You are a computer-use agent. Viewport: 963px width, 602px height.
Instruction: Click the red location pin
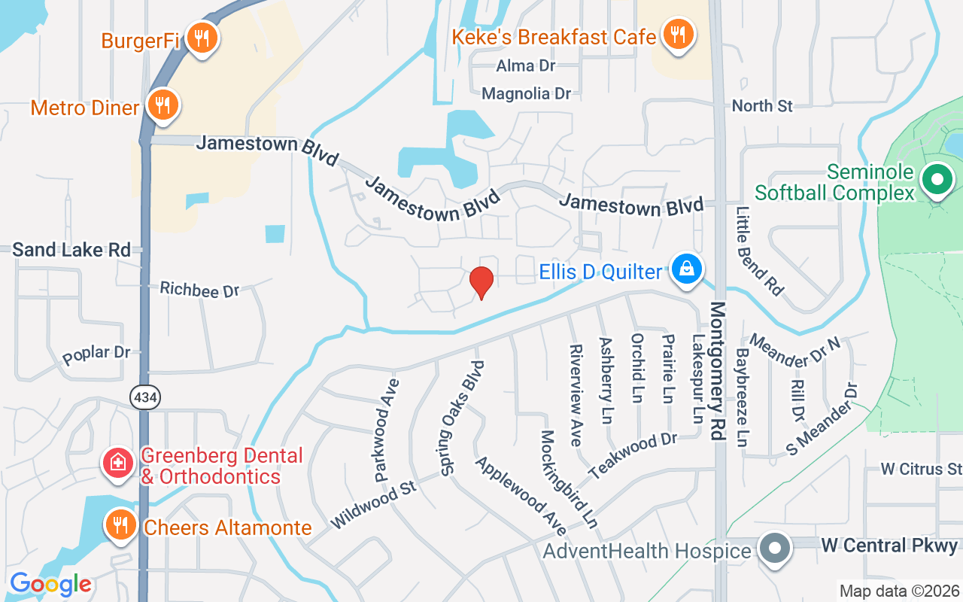pos(481,282)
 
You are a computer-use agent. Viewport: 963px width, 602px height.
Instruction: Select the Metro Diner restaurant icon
pos(162,105)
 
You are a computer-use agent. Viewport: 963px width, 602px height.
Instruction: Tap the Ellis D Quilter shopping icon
pos(687,269)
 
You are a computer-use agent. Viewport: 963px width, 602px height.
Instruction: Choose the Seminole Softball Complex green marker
pos(937,181)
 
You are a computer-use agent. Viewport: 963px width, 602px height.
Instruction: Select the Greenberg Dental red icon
pos(117,462)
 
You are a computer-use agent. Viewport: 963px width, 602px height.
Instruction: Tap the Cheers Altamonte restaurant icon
pos(120,524)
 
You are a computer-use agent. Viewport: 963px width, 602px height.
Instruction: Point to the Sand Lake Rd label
pos(71,250)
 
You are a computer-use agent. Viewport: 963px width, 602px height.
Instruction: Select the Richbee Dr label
pos(199,289)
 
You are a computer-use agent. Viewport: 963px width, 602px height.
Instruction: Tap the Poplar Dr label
pos(97,354)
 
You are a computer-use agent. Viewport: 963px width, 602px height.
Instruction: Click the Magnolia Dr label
pos(527,94)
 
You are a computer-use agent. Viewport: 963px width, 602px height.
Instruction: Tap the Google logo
pos(50,584)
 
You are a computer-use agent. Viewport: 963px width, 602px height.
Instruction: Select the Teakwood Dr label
pos(633,456)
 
